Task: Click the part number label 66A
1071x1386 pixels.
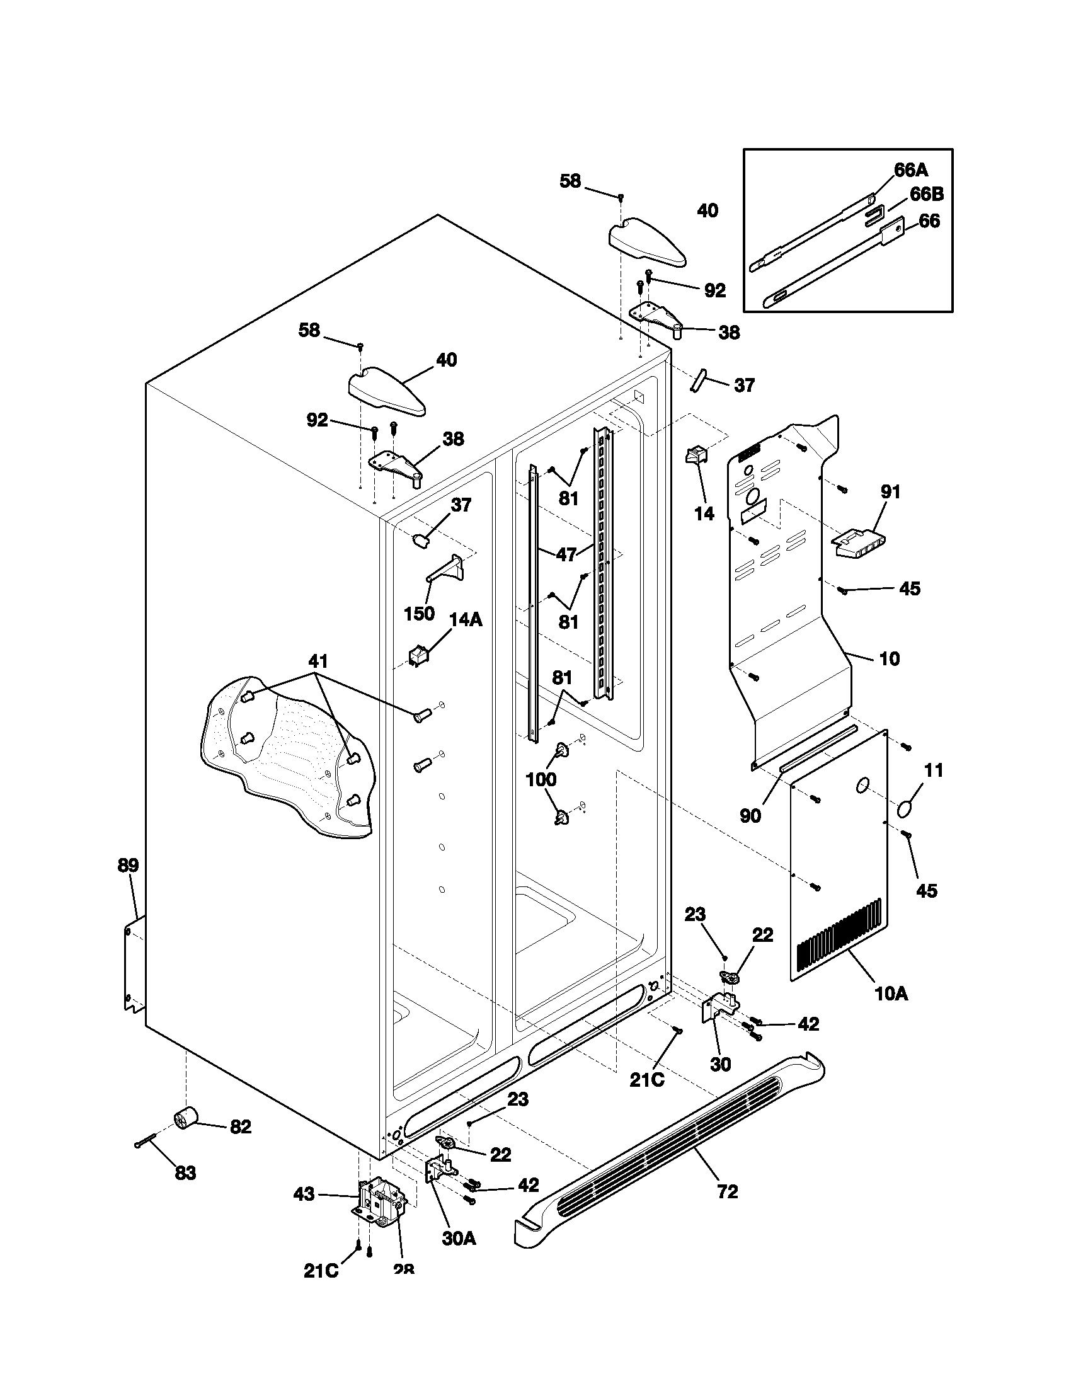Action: [x=911, y=170]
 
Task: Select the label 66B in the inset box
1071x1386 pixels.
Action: [x=926, y=194]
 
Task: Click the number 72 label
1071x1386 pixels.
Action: [x=728, y=1192]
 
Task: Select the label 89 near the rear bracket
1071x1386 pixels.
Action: [x=128, y=865]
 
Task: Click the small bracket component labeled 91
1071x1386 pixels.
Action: [x=858, y=544]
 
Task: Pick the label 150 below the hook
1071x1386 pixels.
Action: [x=420, y=614]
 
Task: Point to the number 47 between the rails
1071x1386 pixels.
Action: [x=566, y=554]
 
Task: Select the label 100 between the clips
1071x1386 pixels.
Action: [x=541, y=780]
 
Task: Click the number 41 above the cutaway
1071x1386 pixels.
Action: [x=318, y=661]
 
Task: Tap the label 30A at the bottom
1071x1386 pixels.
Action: [x=459, y=1256]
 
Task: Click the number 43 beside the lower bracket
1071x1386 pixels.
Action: [x=304, y=1194]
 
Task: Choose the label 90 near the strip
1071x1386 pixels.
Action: [x=750, y=816]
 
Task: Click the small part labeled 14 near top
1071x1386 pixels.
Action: [x=695, y=456]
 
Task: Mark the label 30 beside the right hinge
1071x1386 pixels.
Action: [x=720, y=1064]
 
